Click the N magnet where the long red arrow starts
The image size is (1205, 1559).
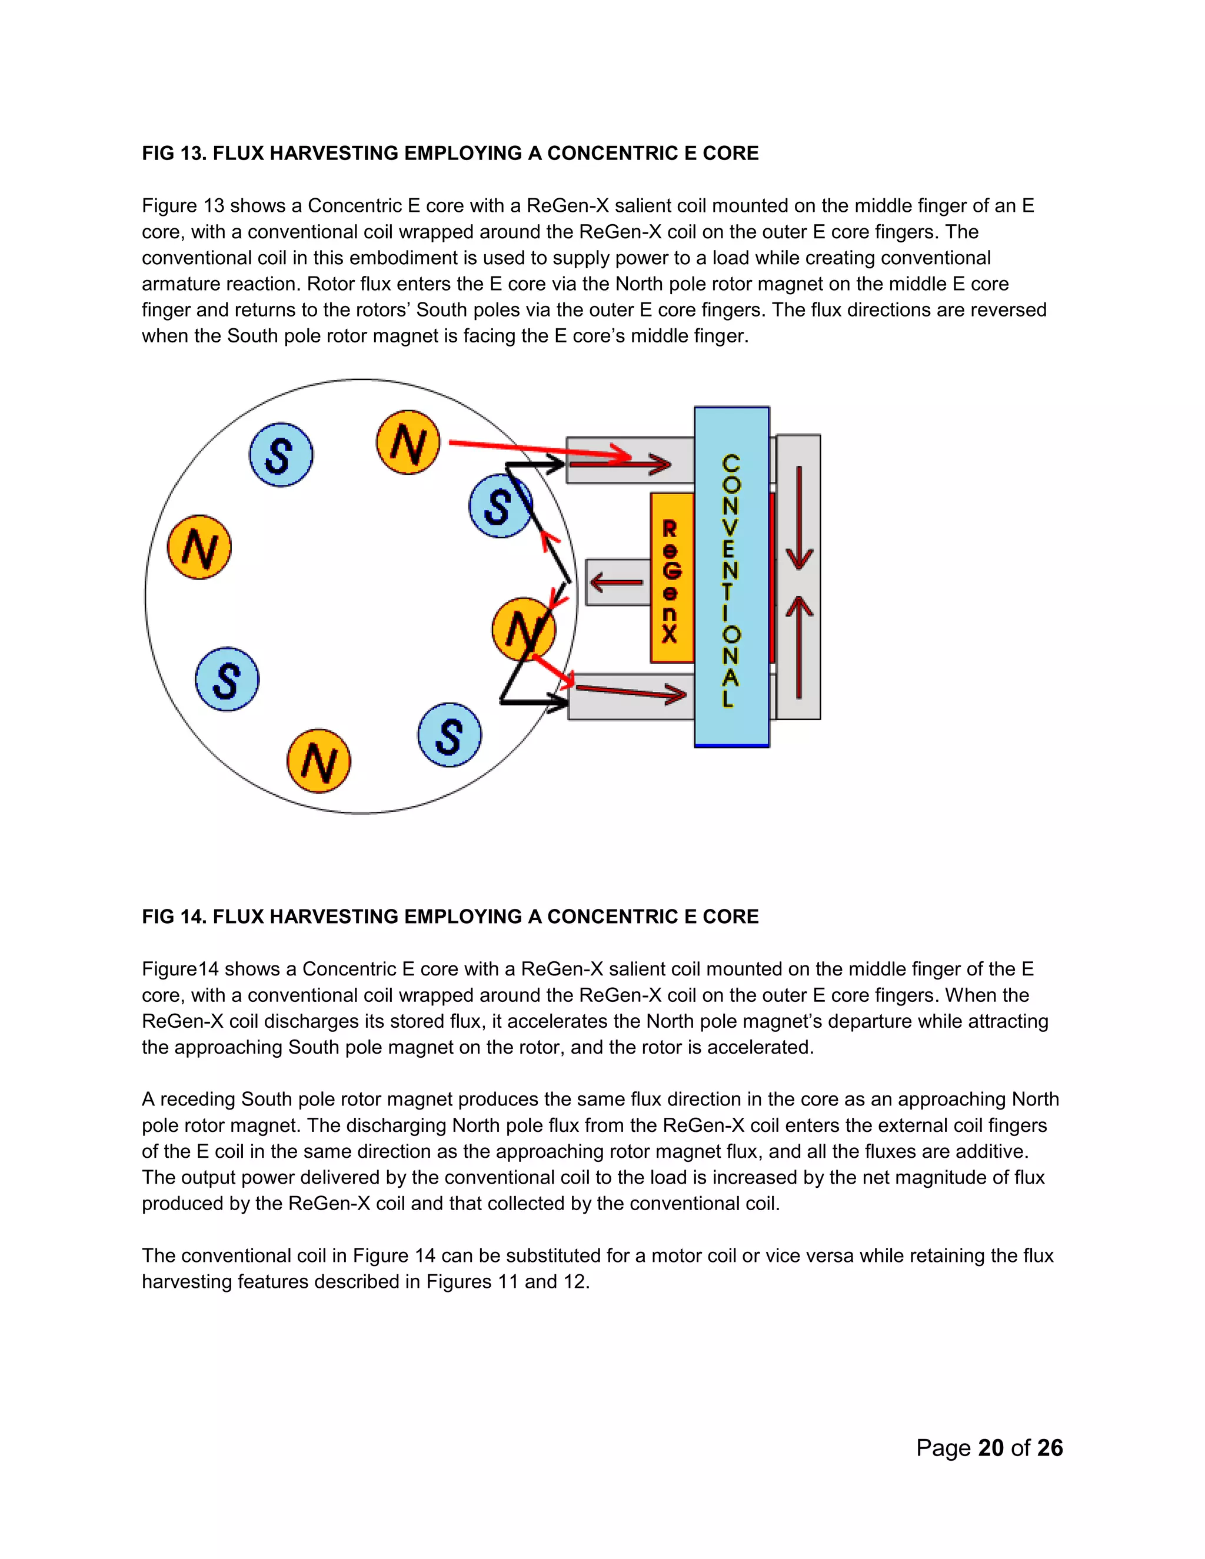click(408, 442)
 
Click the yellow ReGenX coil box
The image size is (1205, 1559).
click(671, 578)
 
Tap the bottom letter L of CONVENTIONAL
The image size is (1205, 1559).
click(728, 698)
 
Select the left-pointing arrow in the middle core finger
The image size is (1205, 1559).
click(617, 582)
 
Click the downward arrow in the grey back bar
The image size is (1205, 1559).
click(799, 518)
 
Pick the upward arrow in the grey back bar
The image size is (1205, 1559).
click(799, 646)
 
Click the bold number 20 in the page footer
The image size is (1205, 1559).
click(991, 1448)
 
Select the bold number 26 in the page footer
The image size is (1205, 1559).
click(1050, 1448)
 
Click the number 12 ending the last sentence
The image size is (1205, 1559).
click(575, 1282)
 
